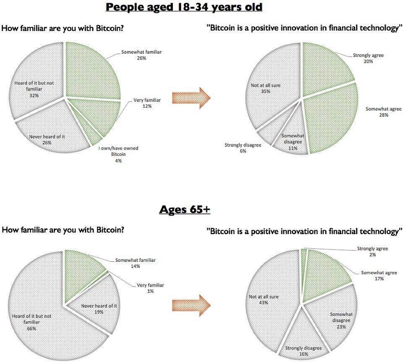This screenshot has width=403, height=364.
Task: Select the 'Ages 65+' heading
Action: point(184,209)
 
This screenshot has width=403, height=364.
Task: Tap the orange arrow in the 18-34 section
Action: point(191,98)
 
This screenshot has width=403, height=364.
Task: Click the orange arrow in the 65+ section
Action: point(191,305)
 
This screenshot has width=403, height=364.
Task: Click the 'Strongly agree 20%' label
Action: point(368,58)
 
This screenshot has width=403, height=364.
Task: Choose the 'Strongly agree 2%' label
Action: point(372,251)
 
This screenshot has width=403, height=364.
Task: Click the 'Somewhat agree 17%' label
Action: point(379,275)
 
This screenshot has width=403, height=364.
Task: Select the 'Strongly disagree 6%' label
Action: point(243,148)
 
